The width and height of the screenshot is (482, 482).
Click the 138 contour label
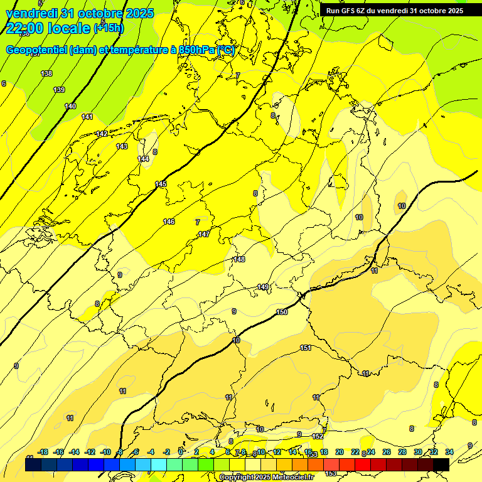click(46, 74)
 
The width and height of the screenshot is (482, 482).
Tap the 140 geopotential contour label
click(70, 107)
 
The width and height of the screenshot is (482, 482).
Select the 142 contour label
click(102, 134)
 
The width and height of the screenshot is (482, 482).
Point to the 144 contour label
click(144, 159)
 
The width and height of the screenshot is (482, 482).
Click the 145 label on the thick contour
click(161, 184)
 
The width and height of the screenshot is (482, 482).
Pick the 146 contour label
click(169, 222)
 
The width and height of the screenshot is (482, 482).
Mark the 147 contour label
click(204, 234)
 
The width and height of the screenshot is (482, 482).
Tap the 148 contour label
click(239, 259)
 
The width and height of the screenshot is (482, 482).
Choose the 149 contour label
click(263, 287)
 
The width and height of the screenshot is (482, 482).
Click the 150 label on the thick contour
click(282, 312)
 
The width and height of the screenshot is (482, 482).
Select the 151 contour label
click(306, 348)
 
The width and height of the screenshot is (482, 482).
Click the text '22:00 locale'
click(48, 28)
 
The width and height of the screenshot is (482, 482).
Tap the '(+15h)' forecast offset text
click(109, 28)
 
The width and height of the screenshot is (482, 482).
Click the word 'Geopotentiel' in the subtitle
click(36, 50)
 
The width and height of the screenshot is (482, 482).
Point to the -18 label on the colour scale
click(43, 452)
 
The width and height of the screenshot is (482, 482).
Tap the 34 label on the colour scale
click(449, 452)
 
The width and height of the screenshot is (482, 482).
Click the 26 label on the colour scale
click(386, 452)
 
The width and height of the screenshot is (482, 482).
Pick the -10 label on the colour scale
click(105, 452)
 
